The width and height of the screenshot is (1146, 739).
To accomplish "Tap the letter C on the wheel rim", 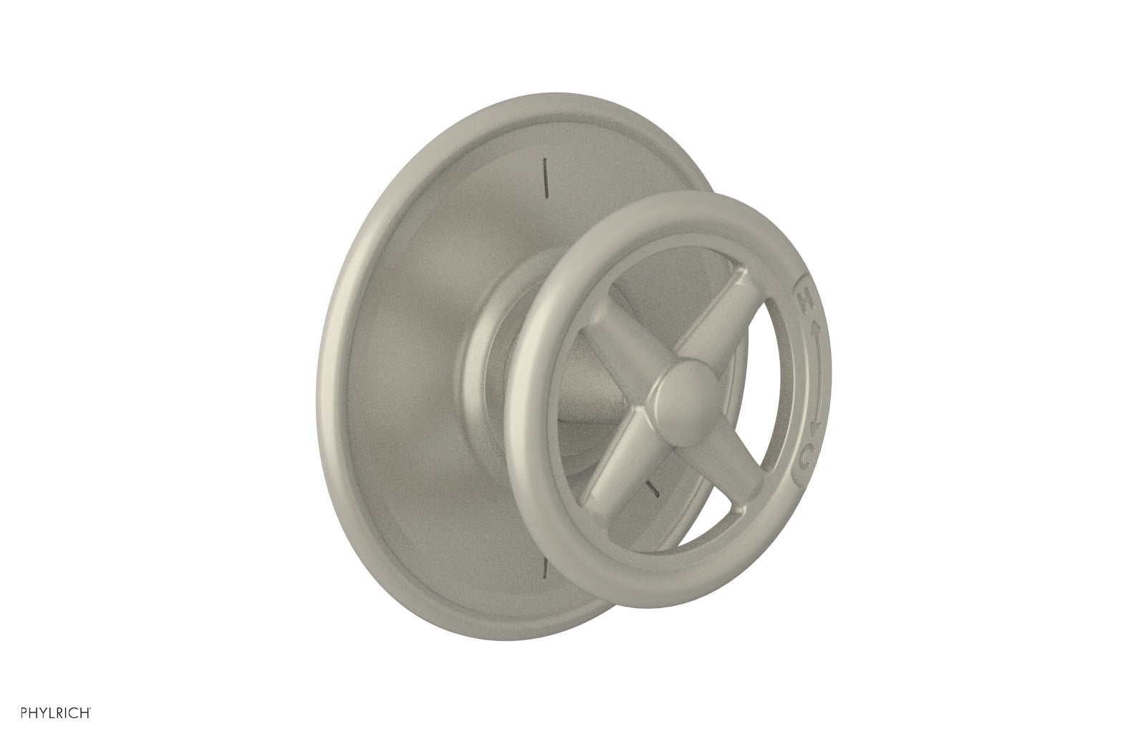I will pos(807,453).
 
